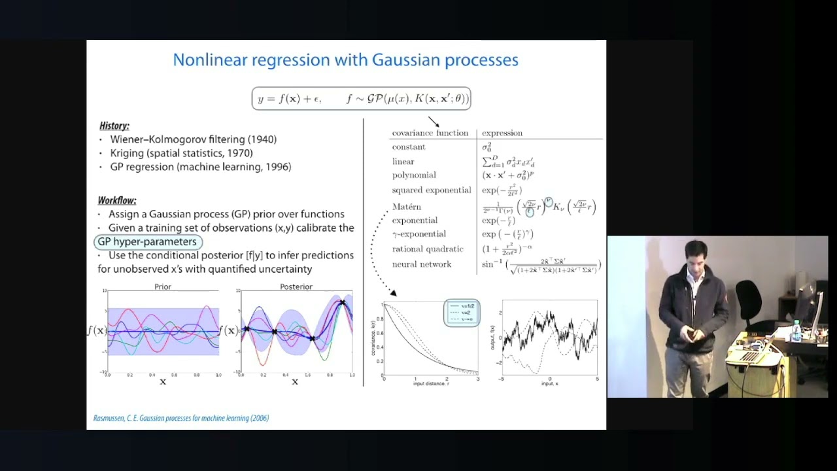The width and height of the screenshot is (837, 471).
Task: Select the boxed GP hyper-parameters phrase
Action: click(x=147, y=241)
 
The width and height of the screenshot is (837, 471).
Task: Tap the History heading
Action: click(x=114, y=126)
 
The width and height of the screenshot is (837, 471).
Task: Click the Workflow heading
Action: click(x=117, y=200)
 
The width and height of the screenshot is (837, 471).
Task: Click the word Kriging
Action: click(x=127, y=153)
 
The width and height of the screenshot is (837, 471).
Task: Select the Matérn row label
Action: click(x=406, y=207)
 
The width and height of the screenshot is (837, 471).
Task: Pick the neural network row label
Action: click(x=421, y=264)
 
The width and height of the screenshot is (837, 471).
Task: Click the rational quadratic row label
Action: click(x=427, y=249)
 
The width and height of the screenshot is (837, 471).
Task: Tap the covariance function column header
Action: click(x=430, y=133)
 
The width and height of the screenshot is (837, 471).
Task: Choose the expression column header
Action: click(x=502, y=133)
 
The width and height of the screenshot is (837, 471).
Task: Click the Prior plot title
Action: click(x=163, y=287)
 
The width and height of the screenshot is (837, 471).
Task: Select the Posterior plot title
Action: click(x=296, y=287)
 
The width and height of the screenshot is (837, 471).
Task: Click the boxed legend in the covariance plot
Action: click(x=462, y=313)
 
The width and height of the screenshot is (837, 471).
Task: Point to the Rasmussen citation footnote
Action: click(x=181, y=418)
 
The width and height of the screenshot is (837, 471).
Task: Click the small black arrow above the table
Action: click(x=434, y=122)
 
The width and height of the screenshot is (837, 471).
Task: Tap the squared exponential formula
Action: click(x=502, y=190)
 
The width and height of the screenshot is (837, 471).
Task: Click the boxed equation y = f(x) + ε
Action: click(x=361, y=99)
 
